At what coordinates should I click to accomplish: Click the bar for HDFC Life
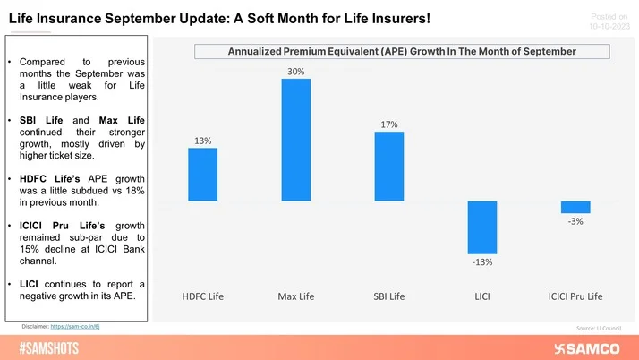pyautogui.click(x=202, y=174)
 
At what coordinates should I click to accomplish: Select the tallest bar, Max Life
pyautogui.click(x=296, y=139)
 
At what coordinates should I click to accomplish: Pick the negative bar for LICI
pyautogui.click(x=482, y=227)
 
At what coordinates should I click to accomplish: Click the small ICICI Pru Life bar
pyautogui.click(x=575, y=207)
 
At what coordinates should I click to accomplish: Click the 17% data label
pyautogui.click(x=389, y=124)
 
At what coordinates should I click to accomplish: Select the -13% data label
pyautogui.click(x=482, y=262)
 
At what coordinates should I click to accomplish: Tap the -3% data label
pyautogui.click(x=575, y=221)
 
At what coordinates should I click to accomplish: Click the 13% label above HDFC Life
pyautogui.click(x=202, y=140)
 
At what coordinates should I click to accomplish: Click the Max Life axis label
pyautogui.click(x=296, y=296)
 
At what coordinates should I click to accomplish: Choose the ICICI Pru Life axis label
pyautogui.click(x=575, y=296)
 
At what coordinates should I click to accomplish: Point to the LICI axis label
pyautogui.click(x=482, y=296)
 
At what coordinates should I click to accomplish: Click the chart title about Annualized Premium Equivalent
pyautogui.click(x=401, y=51)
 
